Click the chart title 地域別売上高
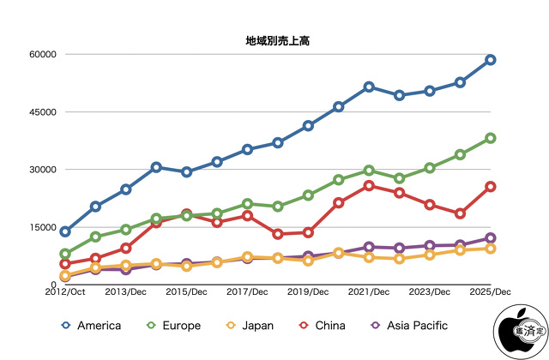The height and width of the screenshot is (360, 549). [274, 39]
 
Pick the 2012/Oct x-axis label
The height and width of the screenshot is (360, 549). [65, 292]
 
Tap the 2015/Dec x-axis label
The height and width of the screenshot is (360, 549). [186, 292]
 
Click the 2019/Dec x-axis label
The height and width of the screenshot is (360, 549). [308, 292]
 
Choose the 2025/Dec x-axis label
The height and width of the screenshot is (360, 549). [491, 292]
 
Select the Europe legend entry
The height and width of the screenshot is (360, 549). [172, 326]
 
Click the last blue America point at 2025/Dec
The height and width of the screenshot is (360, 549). [491, 60]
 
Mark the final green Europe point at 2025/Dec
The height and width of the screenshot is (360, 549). [491, 138]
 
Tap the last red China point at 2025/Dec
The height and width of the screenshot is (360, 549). [491, 186]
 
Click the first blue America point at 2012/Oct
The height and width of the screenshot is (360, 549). [65, 231]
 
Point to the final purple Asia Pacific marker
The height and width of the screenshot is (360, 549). [491, 237]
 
